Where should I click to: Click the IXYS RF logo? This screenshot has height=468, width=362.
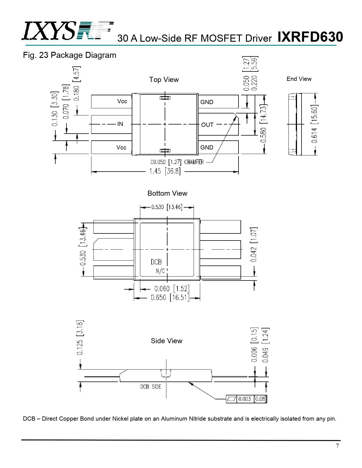[x=68, y=31]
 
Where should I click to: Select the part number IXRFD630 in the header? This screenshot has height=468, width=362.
[x=310, y=37]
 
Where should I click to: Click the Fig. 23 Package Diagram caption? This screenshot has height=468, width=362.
[x=70, y=55]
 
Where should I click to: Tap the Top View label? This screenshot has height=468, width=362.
[x=164, y=79]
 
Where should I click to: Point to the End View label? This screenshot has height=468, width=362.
[x=299, y=79]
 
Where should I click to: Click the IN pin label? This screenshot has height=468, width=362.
[x=120, y=124]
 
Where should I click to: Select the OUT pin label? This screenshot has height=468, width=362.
[x=207, y=125]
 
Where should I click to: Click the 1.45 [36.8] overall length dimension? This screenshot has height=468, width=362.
[x=165, y=171]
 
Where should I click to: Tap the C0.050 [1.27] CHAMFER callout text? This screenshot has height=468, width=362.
[x=177, y=162]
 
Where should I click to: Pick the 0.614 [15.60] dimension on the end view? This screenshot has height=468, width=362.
[x=314, y=124]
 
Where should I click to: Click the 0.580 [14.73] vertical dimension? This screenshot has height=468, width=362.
[x=263, y=123]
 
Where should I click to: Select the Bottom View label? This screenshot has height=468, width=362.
[x=167, y=193]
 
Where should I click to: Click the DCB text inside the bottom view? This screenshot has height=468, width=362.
[x=156, y=262]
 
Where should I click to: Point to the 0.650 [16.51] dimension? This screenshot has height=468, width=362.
[x=170, y=298]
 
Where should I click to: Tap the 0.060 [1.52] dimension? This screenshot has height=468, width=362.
[x=172, y=288]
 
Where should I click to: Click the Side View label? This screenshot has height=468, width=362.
[x=166, y=341]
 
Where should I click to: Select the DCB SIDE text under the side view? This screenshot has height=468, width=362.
[x=151, y=387]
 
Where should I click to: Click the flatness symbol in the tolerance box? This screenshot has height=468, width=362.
[x=232, y=399]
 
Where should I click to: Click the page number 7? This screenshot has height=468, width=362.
[x=337, y=445]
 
